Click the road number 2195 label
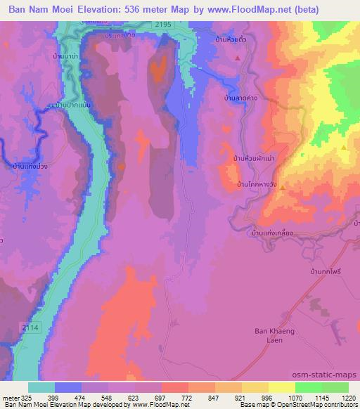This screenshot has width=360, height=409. coord(163,25)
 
